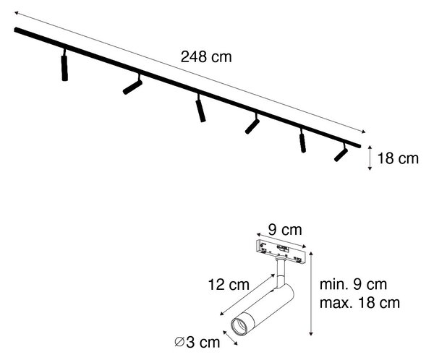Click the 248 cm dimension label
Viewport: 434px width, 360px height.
[x=206, y=57]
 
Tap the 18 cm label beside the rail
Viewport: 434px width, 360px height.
[x=398, y=158]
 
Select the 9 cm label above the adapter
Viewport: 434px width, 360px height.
[x=285, y=230]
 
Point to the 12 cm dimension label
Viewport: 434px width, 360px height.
[x=229, y=285]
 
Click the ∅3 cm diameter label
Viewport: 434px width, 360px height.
[x=197, y=343]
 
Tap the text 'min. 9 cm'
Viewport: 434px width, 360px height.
[x=353, y=285]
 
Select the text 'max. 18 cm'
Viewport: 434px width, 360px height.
[x=359, y=303]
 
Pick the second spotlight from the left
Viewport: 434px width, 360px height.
[x=133, y=85]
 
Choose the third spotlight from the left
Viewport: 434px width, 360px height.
[x=200, y=108]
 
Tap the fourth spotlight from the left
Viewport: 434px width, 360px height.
[x=252, y=124]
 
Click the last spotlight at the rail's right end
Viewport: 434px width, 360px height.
[x=341, y=153]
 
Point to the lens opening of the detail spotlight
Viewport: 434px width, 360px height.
[x=239, y=327]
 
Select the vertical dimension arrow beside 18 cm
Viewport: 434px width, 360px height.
[x=370, y=158]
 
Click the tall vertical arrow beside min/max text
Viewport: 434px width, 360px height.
[x=311, y=293]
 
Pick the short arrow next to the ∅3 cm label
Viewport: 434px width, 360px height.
[x=230, y=338]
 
